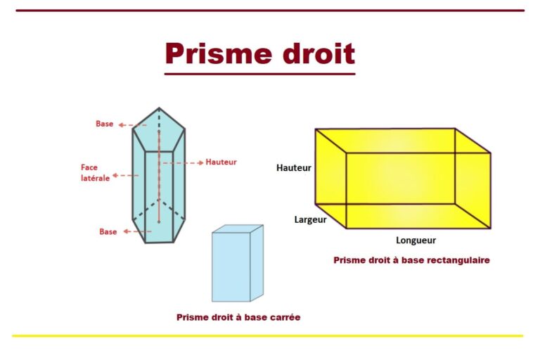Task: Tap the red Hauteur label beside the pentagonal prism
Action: (x=221, y=162)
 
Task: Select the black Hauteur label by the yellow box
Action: (x=294, y=168)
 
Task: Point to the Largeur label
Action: (x=310, y=219)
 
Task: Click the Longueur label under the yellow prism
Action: (x=416, y=240)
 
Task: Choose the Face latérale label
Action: (x=96, y=172)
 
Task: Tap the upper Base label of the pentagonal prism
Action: (x=104, y=124)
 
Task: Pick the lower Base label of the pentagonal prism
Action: (x=108, y=232)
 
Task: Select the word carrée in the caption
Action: (x=286, y=317)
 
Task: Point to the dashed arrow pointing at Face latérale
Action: (x=126, y=175)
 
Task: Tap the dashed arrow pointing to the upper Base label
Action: (x=133, y=125)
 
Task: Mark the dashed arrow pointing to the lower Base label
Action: (x=137, y=231)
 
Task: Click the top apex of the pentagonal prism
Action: (x=159, y=108)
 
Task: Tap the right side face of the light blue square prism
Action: (x=257, y=263)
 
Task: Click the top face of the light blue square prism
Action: (x=238, y=229)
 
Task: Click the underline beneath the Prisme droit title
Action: (x=260, y=74)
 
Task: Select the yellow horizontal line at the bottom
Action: (x=268, y=335)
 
